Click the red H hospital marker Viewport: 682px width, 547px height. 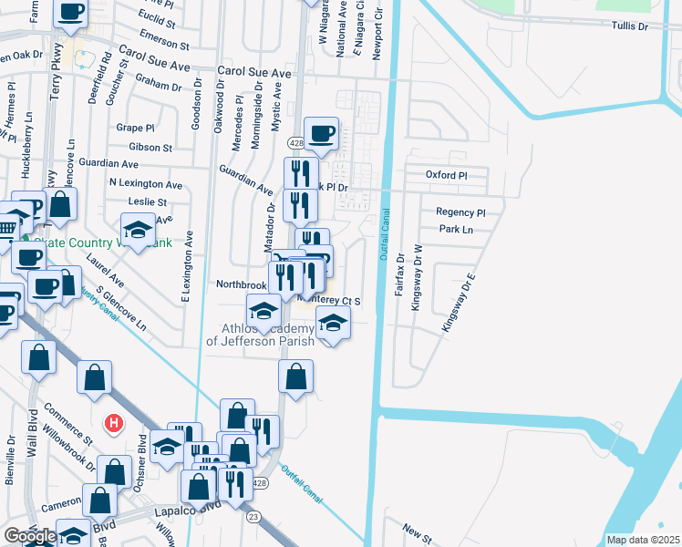tap(114, 424)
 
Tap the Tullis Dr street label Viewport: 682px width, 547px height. tap(629, 26)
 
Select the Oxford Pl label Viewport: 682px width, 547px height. tap(446, 175)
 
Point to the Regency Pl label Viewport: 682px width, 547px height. tap(460, 212)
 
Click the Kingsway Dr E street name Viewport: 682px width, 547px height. tap(459, 302)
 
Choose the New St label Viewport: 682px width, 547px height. tap(417, 530)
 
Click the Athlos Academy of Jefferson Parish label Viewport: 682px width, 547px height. tap(260, 335)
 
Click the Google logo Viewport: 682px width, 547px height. tap(29, 536)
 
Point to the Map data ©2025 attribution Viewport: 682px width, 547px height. tap(643, 540)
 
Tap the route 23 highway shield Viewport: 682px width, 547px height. tap(252, 516)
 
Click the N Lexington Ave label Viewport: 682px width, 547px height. tap(145, 184)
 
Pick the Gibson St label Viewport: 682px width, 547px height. tap(150, 148)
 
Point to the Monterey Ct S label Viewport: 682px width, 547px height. tap(338, 300)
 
